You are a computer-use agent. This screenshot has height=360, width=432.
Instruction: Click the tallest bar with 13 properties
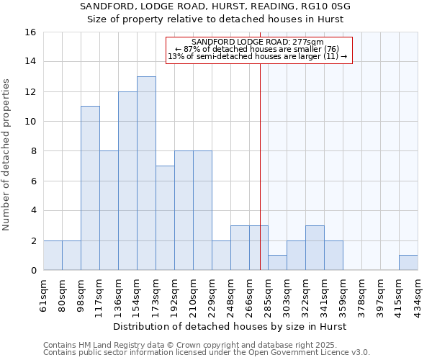click(x=146, y=173)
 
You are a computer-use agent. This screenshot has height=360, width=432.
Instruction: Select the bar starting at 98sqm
click(x=90, y=188)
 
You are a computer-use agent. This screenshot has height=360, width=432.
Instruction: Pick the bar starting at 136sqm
click(x=127, y=181)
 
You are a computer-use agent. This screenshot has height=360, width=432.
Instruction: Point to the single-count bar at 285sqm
click(x=277, y=263)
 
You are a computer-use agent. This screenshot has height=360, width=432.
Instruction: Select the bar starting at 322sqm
click(x=315, y=248)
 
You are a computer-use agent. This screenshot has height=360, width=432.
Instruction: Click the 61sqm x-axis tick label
click(x=44, y=294)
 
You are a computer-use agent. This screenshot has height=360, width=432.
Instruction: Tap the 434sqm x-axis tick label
click(x=418, y=294)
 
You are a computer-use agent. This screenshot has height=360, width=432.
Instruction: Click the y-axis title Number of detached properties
click(x=8, y=151)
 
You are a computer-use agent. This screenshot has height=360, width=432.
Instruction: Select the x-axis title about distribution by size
click(x=230, y=326)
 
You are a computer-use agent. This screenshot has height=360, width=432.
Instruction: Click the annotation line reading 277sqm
click(x=258, y=42)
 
